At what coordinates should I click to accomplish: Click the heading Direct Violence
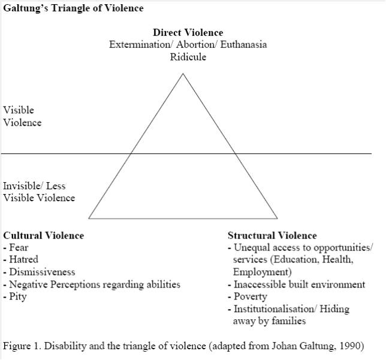(188, 32)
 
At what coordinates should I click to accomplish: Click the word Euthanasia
(243, 44)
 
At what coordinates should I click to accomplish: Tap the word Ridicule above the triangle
(188, 57)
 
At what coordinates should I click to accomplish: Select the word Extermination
(140, 44)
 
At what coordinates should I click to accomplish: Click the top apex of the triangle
(183, 74)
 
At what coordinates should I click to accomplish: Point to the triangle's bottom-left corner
(89, 219)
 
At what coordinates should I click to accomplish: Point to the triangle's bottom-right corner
(278, 219)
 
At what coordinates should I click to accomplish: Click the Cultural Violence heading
(44, 235)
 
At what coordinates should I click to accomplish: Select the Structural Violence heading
(272, 235)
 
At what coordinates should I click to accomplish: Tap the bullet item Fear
(16, 247)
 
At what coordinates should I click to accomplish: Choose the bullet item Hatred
(20, 259)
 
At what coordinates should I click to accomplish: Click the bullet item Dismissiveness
(39, 272)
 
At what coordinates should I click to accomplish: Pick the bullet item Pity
(15, 297)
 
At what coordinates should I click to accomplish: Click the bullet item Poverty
(248, 297)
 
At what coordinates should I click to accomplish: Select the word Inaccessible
(260, 284)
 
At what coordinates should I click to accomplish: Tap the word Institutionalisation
(274, 309)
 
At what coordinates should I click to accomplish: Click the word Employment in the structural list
(261, 272)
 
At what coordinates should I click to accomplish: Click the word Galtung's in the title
(26, 8)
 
